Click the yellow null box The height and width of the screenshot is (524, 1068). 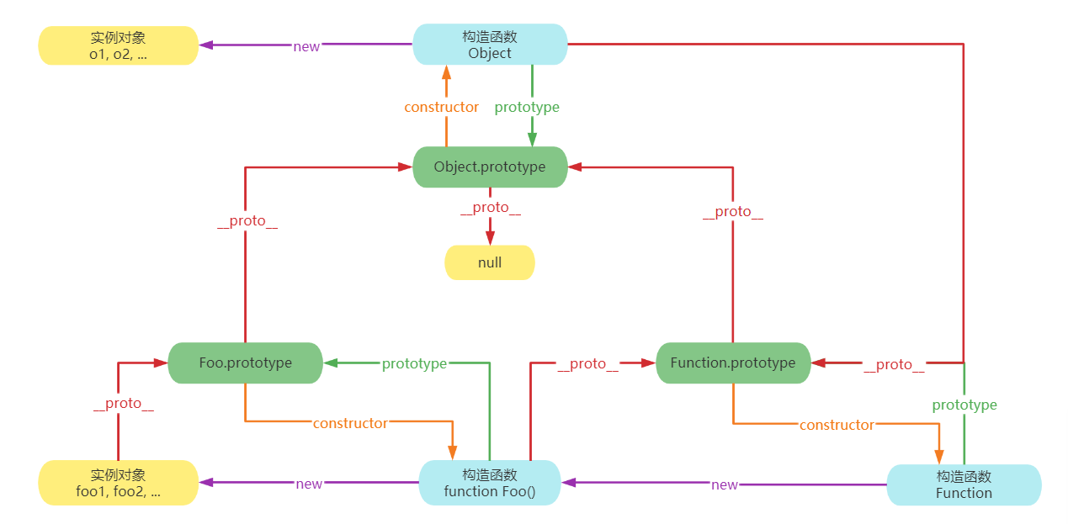[x=490, y=262]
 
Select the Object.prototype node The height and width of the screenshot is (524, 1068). [x=490, y=167]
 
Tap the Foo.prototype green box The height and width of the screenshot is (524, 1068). [x=246, y=363]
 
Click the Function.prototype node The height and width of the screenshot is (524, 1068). [x=733, y=363]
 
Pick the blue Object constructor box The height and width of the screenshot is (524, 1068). [x=490, y=45]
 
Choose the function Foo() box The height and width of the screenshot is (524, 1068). [x=490, y=483]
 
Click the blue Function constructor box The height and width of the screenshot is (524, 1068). [x=964, y=485]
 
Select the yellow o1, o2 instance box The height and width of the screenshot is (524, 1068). [x=118, y=45]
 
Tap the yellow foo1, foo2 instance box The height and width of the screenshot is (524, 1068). [x=118, y=483]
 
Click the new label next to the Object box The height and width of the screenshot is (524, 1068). [x=306, y=47]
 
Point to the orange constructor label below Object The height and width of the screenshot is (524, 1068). [x=441, y=107]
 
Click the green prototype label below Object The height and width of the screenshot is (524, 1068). [x=527, y=108]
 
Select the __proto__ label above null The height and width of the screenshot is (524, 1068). [x=490, y=208]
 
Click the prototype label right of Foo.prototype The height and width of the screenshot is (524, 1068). [x=414, y=364]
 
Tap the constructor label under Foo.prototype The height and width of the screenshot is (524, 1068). [x=350, y=423]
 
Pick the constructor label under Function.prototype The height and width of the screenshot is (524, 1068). [x=837, y=425]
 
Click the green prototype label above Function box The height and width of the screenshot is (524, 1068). [x=964, y=405]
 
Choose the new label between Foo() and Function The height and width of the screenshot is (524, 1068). [x=725, y=485]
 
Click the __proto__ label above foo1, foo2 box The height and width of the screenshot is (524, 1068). [x=124, y=404]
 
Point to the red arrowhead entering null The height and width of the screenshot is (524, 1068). [x=490, y=238]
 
